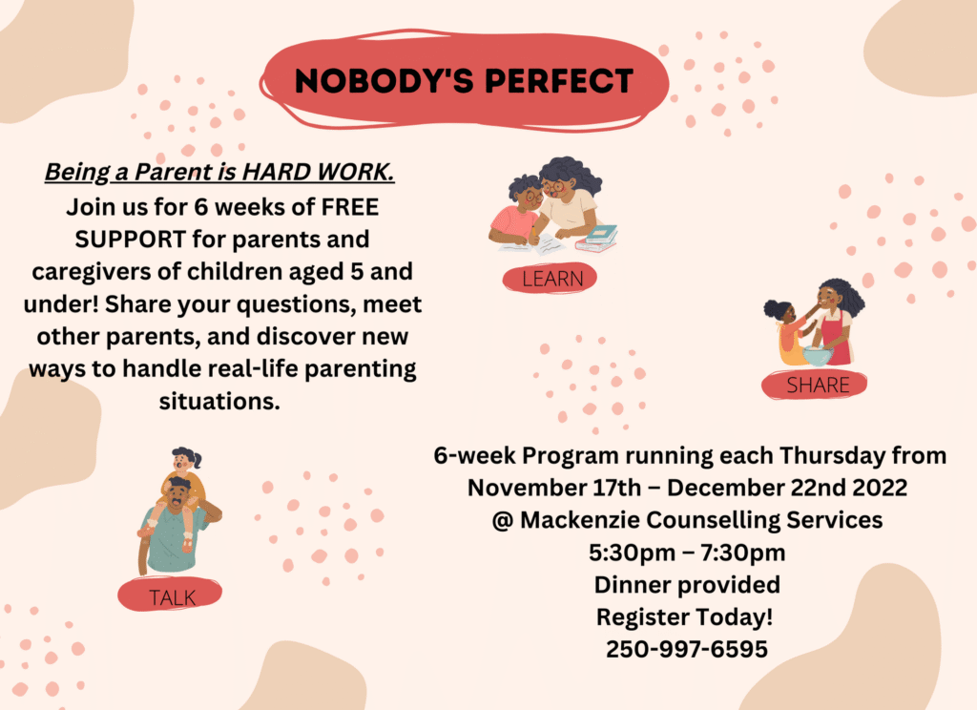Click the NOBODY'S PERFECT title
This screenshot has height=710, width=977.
pyautogui.click(x=465, y=81)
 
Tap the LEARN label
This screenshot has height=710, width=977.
pyautogui.click(x=552, y=279)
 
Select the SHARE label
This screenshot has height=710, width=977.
pyautogui.click(x=818, y=386)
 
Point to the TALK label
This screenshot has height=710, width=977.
pyautogui.click(x=172, y=597)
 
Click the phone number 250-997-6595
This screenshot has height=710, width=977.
pyautogui.click(x=687, y=649)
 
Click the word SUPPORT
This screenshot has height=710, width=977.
pyautogui.click(x=130, y=240)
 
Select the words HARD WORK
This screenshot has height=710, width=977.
pyautogui.click(x=318, y=172)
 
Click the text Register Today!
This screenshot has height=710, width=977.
pyautogui.click(x=685, y=617)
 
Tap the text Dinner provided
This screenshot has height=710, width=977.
pyautogui.click(x=687, y=585)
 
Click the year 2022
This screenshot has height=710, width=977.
pyautogui.click(x=880, y=488)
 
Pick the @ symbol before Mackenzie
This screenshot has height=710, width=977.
pyautogui.click(x=502, y=520)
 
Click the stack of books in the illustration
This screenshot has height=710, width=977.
pyautogui.click(x=596, y=239)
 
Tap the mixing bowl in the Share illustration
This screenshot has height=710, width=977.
pyautogui.click(x=818, y=355)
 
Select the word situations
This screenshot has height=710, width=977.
pyautogui.click(x=219, y=401)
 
